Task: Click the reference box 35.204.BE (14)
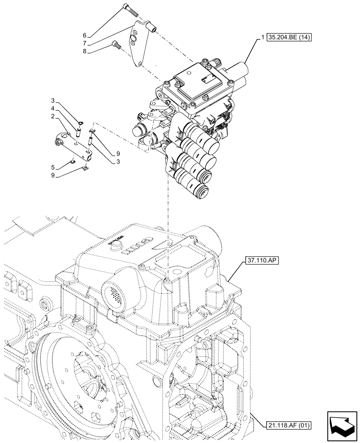coord(290,38)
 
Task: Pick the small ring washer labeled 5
coord(74,161)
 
